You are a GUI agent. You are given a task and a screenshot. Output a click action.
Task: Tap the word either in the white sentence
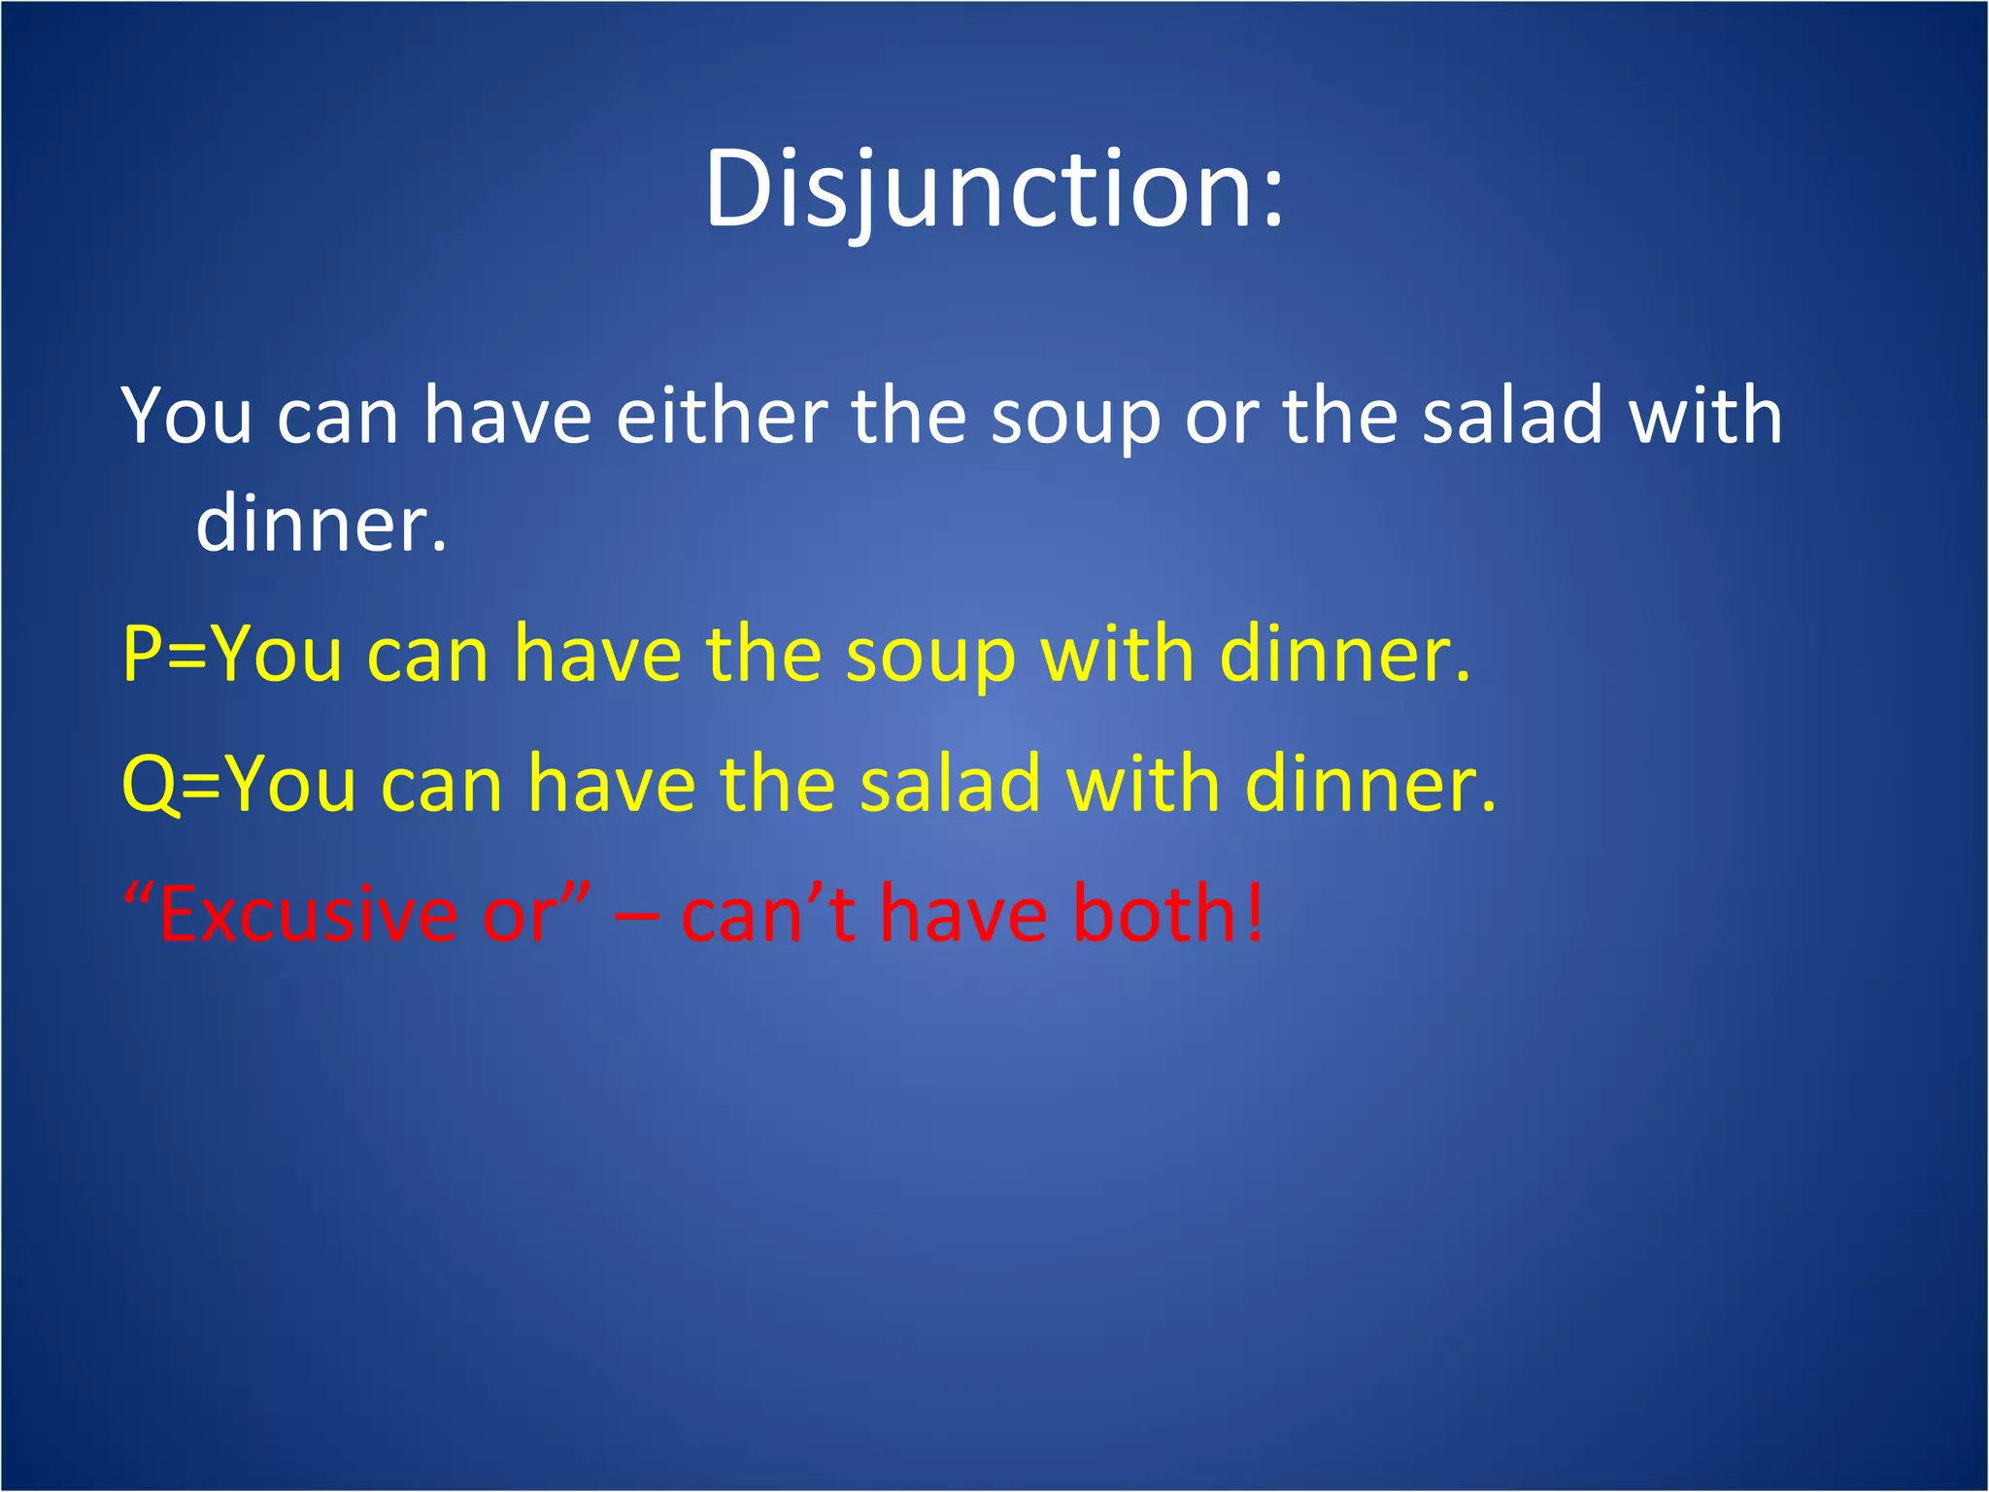pos(722,416)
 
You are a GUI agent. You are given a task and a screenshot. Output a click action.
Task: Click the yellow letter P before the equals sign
pos(142,655)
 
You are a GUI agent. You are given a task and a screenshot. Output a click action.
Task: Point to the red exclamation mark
pos(1256,914)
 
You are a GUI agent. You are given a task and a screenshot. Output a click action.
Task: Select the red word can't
pos(768,914)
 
